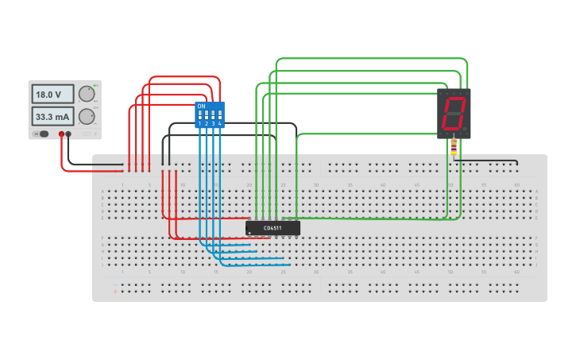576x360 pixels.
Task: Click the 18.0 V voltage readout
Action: (x=52, y=94)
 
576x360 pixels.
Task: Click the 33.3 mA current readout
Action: (x=52, y=117)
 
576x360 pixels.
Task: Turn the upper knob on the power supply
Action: (x=86, y=94)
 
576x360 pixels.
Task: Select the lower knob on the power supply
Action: (x=86, y=117)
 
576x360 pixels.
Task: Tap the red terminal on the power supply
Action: (x=61, y=134)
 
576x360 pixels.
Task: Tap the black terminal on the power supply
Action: (x=68, y=134)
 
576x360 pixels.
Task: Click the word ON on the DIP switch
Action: (x=201, y=106)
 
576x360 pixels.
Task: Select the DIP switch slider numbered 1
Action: (x=199, y=116)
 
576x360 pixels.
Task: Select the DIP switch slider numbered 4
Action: (x=219, y=116)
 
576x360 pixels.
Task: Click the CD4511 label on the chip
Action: (x=273, y=228)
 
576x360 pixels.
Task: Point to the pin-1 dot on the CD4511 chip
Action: (x=250, y=234)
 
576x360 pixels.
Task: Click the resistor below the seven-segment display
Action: (x=454, y=146)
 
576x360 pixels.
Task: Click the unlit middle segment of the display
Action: (x=453, y=114)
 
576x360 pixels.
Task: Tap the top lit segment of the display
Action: (x=454, y=100)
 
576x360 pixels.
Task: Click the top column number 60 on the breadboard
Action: (x=516, y=185)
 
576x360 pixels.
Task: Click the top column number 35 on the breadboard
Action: (x=350, y=185)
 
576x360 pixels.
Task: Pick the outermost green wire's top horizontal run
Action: (x=372, y=59)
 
